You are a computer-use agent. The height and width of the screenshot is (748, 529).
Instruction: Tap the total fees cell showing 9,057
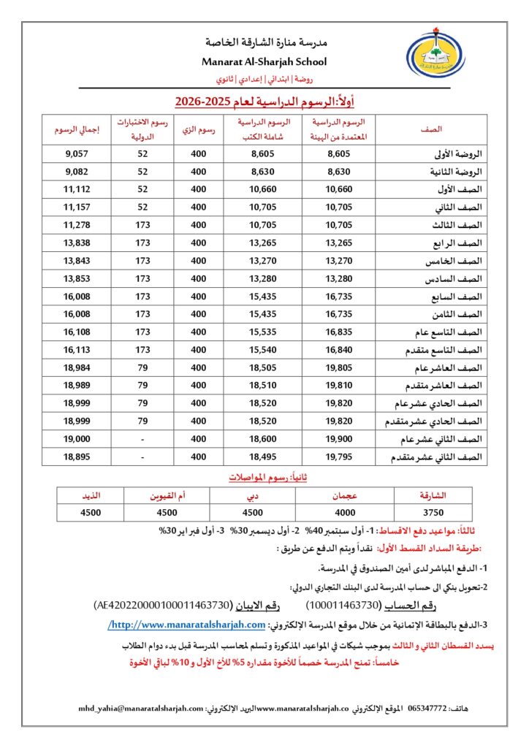pyautogui.click(x=76, y=154)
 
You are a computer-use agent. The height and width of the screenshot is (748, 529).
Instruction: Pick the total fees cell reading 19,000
pyautogui.click(x=76, y=439)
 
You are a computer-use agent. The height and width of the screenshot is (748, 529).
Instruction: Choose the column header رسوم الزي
pyautogui.click(x=198, y=130)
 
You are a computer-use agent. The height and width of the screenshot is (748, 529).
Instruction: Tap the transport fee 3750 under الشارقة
pyautogui.click(x=444, y=512)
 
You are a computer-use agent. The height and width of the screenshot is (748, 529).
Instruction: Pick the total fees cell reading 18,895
pyautogui.click(x=76, y=457)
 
